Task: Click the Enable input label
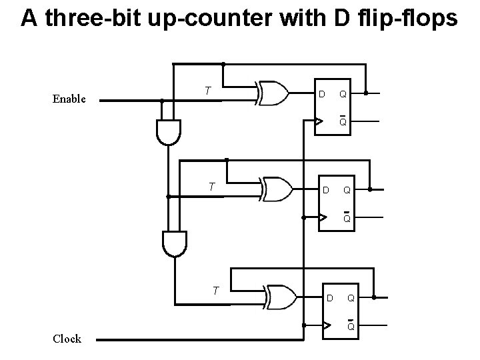[69, 99]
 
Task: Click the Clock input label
[67, 339]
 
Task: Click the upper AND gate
[168, 132]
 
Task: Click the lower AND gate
[175, 243]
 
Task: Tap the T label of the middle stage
[211, 187]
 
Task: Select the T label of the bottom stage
[215, 290]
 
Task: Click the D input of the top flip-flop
[321, 94]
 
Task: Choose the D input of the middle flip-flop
[325, 191]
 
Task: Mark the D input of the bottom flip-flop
[329, 297]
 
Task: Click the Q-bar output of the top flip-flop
[342, 122]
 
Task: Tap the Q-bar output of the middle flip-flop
[347, 218]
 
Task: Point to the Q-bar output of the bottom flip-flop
[350, 326]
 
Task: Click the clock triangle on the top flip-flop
[319, 121]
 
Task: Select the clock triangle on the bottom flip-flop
[326, 325]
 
